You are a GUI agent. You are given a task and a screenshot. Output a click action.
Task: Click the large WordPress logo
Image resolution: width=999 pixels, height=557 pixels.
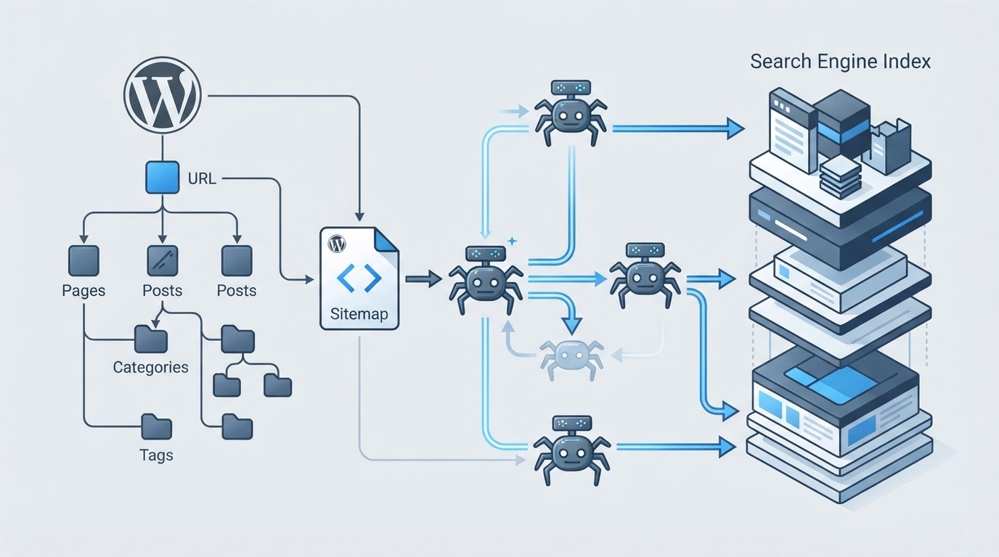point(163,95)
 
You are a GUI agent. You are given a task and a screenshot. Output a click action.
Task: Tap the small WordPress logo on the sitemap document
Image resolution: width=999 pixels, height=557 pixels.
point(337,244)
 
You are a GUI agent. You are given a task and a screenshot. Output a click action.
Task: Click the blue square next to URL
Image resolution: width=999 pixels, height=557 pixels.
point(163,178)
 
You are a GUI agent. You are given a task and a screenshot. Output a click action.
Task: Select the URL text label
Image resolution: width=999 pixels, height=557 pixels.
point(202,178)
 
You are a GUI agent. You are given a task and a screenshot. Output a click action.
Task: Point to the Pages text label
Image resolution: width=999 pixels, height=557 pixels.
point(83,291)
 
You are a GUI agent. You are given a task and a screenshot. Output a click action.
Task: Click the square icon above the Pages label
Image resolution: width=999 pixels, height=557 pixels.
point(83,260)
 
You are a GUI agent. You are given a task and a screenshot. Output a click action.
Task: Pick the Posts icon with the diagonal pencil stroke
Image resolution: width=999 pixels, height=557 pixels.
point(163,260)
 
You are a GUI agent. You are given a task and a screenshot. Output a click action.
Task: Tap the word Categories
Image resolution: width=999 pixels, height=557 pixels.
point(151,367)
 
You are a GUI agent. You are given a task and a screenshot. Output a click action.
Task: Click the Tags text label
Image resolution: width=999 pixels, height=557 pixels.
point(156,455)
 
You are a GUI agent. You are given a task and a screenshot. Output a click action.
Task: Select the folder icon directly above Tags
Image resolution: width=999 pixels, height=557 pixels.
point(157,427)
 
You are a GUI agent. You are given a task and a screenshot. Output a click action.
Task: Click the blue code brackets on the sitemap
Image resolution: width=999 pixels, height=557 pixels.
point(359,278)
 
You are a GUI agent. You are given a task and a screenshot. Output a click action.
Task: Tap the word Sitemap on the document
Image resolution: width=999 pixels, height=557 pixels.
point(359,314)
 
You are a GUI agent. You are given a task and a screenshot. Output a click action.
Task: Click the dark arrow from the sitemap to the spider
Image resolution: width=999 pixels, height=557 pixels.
point(424,279)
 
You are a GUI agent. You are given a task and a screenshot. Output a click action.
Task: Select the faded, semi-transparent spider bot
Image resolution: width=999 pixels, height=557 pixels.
point(572,358)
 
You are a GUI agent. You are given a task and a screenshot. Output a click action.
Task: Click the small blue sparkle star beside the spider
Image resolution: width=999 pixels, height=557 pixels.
point(513,241)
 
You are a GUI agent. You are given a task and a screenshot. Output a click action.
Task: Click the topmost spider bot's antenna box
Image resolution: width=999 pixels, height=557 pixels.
point(571,87)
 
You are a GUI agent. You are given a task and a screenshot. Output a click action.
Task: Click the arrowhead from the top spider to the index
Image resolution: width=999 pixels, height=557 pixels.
point(735,129)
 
